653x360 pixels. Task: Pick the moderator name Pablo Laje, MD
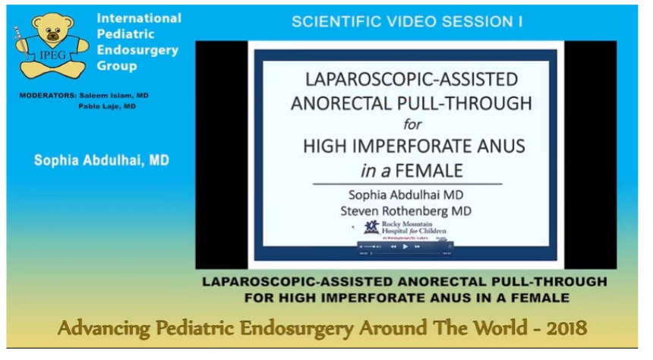coord(106,106)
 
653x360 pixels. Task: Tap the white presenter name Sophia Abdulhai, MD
coord(101,160)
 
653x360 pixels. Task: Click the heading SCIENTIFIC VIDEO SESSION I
coord(406,22)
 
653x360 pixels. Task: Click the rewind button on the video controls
coord(393,247)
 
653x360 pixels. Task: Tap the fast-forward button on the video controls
coord(416,247)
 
